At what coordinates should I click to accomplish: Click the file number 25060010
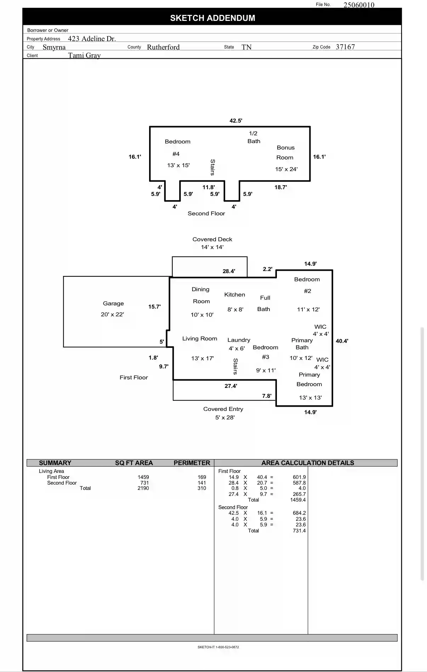[359, 5]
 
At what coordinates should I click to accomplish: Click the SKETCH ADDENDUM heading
[212, 18]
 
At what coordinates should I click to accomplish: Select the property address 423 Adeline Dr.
[92, 39]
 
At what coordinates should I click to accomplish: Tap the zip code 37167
[345, 47]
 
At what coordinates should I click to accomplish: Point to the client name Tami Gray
[84, 55]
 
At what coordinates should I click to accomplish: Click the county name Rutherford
[163, 47]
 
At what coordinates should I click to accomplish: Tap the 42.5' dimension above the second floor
[236, 121]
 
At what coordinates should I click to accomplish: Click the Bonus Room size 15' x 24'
[286, 169]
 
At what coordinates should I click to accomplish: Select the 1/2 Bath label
[254, 137]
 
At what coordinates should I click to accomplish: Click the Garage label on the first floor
[113, 304]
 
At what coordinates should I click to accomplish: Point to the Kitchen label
[234, 295]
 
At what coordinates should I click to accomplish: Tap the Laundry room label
[239, 340]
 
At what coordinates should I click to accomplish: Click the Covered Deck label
[212, 239]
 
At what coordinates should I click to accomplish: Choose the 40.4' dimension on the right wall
[342, 341]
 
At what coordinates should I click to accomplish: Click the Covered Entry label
[223, 409]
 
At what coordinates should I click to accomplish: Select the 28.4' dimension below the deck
[229, 271]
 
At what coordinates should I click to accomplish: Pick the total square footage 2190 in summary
[143, 488]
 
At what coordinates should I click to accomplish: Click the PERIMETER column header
[192, 463]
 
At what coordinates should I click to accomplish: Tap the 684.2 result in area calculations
[299, 513]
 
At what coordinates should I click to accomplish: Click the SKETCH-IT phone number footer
[218, 647]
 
